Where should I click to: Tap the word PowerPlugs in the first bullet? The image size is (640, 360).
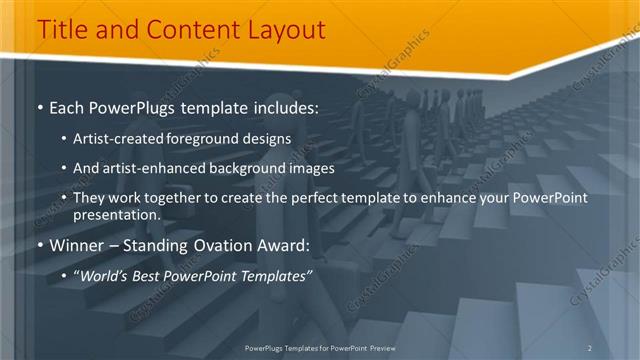pos(121,106)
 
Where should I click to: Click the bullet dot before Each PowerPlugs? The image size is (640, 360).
pos(39,106)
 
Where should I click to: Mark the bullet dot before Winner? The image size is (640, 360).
pos(39,244)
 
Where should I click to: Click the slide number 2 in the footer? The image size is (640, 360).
pos(590,347)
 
